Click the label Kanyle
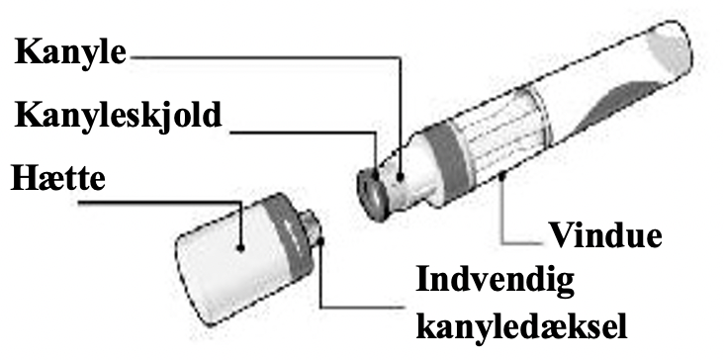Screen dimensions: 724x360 click(x=70, y=51)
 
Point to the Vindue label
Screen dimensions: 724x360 click(x=604, y=237)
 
